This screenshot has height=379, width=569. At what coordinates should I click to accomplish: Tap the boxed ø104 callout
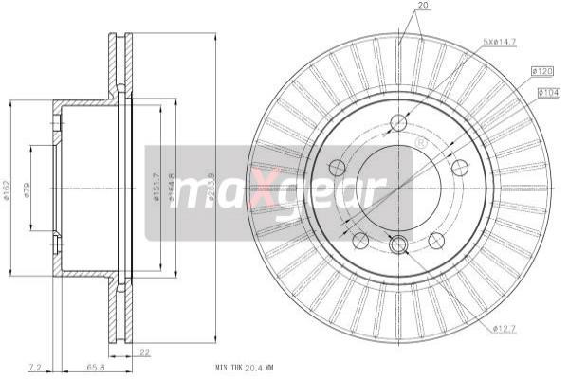click(x=550, y=92)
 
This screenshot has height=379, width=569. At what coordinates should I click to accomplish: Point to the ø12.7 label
click(x=506, y=329)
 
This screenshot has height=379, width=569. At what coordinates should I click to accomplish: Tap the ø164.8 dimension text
click(x=171, y=188)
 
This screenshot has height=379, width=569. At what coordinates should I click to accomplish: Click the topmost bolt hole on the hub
click(x=398, y=122)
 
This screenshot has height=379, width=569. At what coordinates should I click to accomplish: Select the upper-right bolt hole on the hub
click(x=461, y=168)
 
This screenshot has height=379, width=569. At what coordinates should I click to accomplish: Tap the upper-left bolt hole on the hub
click(x=336, y=168)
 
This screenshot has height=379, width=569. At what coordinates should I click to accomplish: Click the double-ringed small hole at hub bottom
click(x=398, y=244)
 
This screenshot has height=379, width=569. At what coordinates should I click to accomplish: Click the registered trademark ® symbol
click(x=421, y=142)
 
